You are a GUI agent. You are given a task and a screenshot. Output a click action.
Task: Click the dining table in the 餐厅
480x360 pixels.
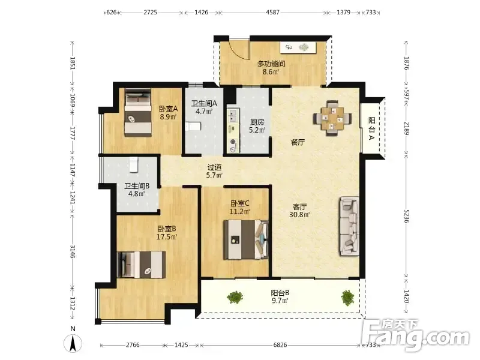point(332,118)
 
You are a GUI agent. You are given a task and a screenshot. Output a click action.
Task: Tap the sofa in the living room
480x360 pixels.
point(349,226)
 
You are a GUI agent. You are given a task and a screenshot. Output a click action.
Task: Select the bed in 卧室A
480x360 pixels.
point(138,112)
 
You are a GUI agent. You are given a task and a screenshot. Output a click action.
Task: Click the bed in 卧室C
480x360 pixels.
point(246,239)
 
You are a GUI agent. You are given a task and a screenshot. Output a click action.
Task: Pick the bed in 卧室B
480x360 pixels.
point(142,265)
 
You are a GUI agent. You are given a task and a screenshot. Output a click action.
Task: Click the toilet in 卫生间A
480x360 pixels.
point(193,126)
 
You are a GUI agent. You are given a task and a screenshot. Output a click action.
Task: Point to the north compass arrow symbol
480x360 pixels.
point(73,343)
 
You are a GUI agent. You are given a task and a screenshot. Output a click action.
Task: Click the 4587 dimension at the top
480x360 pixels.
point(272,13)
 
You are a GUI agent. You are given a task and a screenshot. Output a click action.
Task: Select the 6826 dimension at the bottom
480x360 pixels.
point(280,345)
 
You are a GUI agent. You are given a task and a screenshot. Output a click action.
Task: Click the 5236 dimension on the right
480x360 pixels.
point(407,216)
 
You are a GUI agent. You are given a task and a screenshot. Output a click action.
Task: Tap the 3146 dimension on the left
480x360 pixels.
point(73,251)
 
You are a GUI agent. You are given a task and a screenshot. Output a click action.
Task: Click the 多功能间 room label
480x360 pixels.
point(271,64)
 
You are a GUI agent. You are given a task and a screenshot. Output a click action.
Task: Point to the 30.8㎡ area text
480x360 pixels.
point(299,215)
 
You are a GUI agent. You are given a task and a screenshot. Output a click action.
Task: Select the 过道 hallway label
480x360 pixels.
point(214,167)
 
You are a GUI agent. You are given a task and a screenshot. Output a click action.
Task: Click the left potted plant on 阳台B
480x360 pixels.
point(235,297)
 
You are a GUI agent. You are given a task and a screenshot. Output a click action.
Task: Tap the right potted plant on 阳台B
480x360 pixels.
point(348,298)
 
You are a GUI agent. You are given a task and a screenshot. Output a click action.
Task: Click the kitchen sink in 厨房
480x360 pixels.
point(233,116)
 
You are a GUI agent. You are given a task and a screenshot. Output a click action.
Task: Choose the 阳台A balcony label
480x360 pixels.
point(371,128)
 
